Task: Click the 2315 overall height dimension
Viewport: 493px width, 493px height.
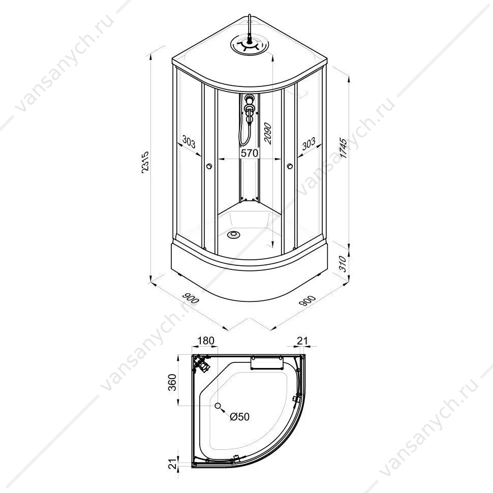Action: pos(145,162)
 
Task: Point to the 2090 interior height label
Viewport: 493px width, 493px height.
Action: pos(268,133)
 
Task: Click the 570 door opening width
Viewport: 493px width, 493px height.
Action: pos(250,153)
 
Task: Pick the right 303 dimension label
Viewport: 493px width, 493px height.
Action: pos(309,143)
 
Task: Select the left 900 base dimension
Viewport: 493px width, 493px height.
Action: pos(191,298)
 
